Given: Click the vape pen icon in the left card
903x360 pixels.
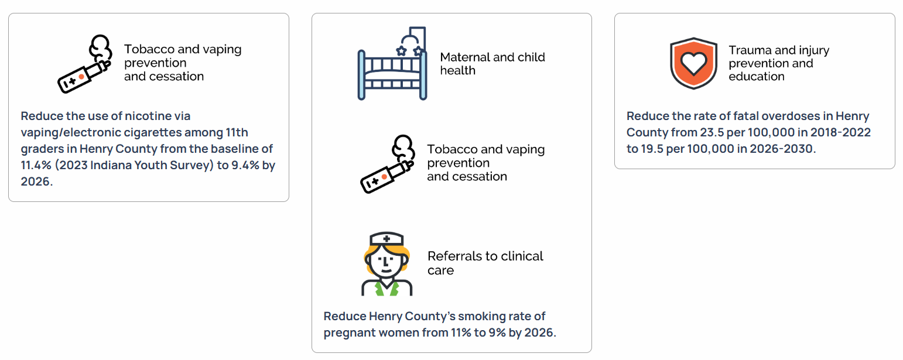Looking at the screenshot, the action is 85,64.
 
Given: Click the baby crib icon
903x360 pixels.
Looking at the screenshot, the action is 392,63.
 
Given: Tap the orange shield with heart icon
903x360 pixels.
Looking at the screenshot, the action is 693,64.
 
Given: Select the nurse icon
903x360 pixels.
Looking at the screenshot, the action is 386,264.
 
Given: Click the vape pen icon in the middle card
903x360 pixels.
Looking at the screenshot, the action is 388,164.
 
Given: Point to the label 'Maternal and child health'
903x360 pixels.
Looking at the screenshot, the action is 492,64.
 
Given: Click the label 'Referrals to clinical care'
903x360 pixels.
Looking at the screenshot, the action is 485,263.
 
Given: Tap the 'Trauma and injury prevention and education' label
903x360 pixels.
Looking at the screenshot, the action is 779,63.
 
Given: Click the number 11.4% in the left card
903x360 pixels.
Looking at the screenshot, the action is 36,165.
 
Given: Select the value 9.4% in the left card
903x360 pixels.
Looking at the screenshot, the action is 245,165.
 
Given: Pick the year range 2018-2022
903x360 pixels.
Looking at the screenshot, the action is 840,132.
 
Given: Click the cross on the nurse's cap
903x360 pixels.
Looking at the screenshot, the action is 386,239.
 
